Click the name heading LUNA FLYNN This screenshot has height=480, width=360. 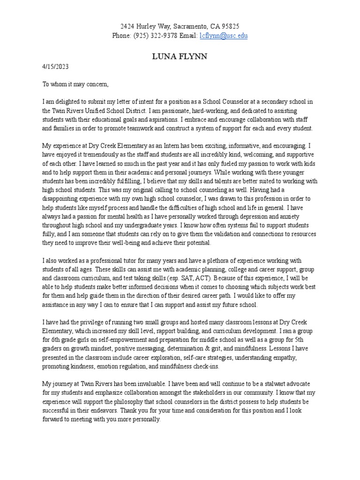(x=180, y=56)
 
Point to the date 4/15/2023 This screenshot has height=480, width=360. (x=55, y=67)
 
